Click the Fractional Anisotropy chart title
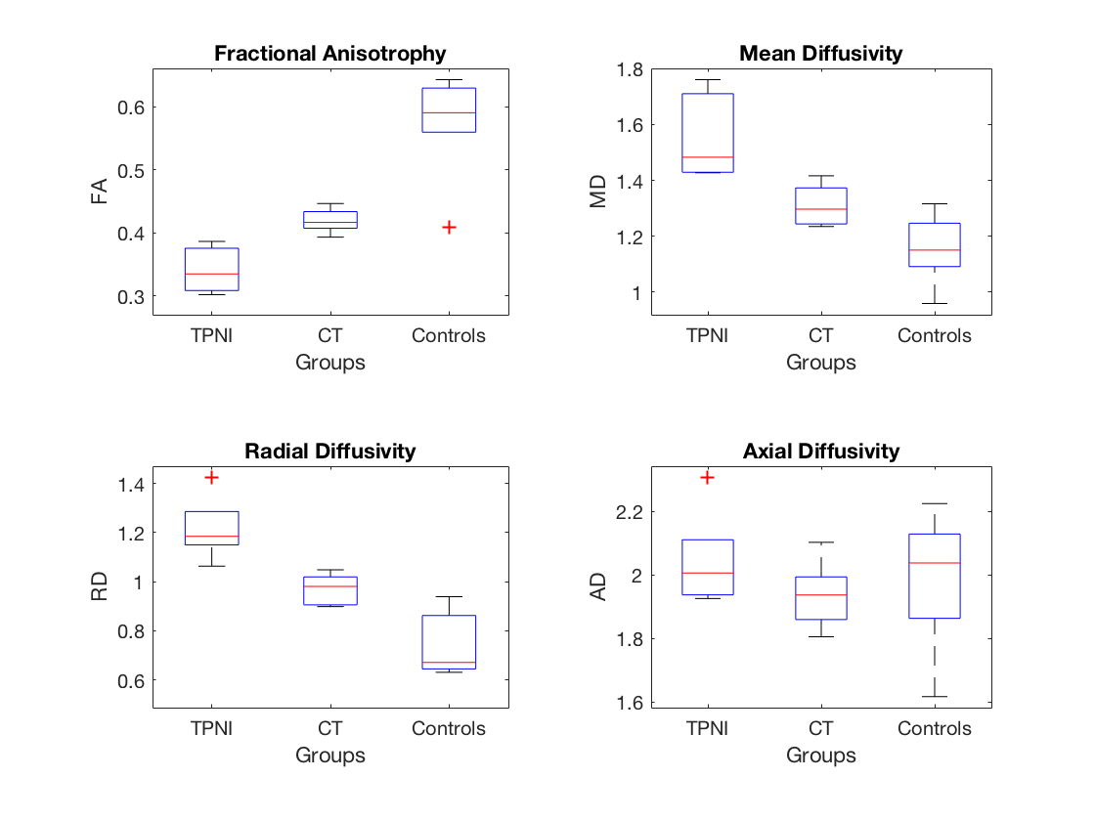click(329, 54)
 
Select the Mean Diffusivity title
click(820, 54)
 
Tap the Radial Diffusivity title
click(329, 451)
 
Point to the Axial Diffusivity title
click(820, 451)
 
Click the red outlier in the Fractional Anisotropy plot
click(449, 227)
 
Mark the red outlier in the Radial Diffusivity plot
click(211, 477)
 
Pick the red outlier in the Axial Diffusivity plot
click(706, 477)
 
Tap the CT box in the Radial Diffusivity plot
click(330, 590)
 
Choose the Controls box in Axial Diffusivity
click(934, 576)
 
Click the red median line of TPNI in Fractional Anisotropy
click(211, 274)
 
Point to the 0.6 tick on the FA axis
click(129, 108)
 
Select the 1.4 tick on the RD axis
click(129, 484)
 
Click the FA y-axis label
click(100, 189)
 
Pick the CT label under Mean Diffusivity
click(820, 336)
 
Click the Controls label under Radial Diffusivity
click(449, 729)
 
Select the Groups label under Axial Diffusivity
click(820, 756)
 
